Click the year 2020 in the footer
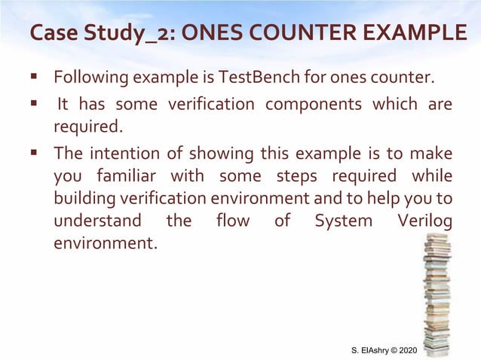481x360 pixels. pyautogui.click(x=406, y=351)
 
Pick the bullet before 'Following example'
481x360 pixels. pyautogui.click(x=35, y=77)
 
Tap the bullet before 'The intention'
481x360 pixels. pyautogui.click(x=35, y=154)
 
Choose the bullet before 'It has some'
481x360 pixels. pyautogui.click(x=35, y=102)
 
